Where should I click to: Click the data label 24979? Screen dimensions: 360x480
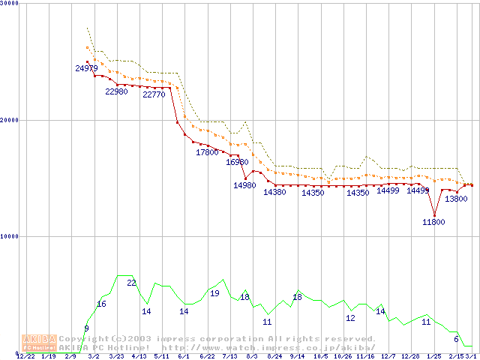[87, 68]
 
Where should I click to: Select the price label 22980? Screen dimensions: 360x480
[116, 91]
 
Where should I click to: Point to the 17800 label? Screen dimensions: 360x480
[207, 152]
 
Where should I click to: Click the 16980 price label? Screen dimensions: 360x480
[237, 162]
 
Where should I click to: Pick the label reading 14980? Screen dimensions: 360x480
[244, 185]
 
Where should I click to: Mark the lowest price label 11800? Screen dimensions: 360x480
[433, 222]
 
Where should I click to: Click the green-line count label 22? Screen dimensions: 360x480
[131, 283]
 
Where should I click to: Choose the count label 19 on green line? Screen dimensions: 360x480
[214, 293]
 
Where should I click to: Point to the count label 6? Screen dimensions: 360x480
[456, 339]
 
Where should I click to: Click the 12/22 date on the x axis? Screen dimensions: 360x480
[25, 356]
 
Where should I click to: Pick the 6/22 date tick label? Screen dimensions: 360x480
[207, 356]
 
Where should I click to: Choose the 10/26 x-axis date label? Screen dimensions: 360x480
[343, 356]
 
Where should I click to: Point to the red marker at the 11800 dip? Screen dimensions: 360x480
[433, 215]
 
